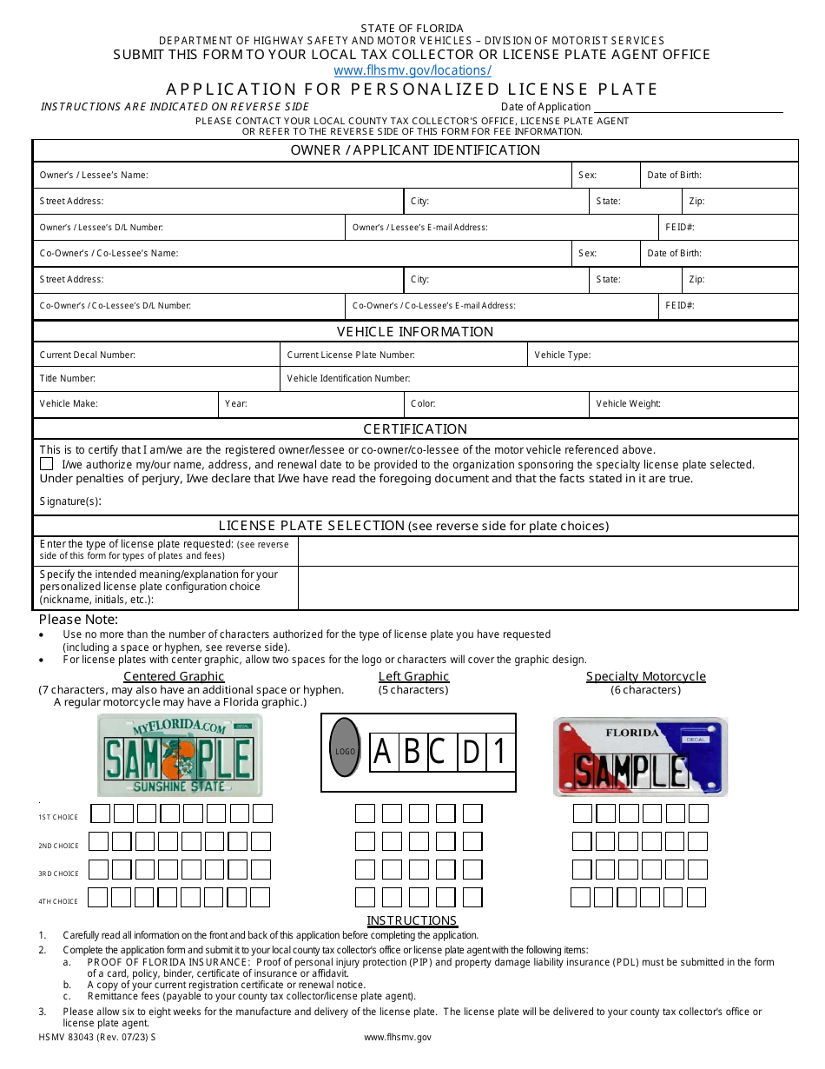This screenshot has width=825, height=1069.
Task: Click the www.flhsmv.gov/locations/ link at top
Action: point(412,70)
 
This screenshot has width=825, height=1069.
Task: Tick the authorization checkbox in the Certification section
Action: point(46,465)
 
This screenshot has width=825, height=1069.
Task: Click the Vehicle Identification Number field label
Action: point(348,379)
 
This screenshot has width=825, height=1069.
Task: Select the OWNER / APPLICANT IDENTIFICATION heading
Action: point(415,150)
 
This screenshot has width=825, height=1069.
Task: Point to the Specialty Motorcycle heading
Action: point(645,676)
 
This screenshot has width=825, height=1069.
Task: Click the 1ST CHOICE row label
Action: point(58,817)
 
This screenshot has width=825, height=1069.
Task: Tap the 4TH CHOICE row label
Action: point(58,901)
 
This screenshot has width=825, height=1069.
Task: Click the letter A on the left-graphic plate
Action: point(382,752)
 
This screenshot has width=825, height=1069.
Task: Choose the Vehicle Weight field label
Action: point(628,404)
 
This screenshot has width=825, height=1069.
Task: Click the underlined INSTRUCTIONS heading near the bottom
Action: point(412,920)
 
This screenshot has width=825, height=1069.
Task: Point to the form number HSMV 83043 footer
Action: point(97,1037)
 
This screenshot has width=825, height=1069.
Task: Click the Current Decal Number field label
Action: point(87,355)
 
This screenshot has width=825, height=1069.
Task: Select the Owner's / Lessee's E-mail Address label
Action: point(419,228)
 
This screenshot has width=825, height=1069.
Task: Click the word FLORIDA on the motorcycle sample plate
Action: point(631,733)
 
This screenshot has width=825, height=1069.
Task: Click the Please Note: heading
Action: point(78,620)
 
